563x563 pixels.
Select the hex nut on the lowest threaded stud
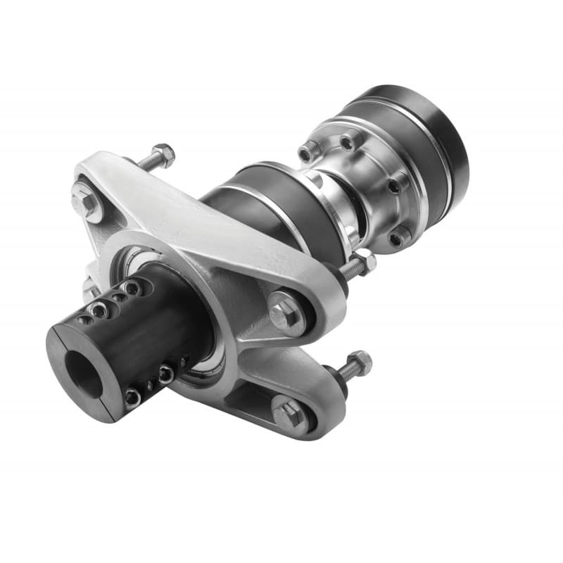click(x=358, y=363)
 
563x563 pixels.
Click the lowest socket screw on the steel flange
click(x=399, y=238)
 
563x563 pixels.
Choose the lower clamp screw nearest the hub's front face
click(x=133, y=398)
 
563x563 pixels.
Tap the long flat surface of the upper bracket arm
click(x=211, y=225)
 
